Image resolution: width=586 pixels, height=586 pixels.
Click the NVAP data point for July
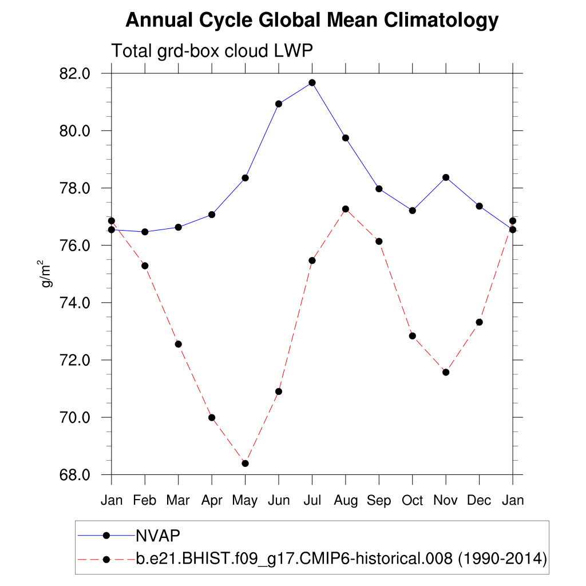point(312,82)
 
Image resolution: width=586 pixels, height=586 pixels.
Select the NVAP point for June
point(279,104)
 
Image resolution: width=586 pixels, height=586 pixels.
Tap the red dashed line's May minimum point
point(245,463)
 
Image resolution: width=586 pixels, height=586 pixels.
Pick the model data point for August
point(345,209)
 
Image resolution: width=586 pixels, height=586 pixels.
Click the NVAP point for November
point(446,177)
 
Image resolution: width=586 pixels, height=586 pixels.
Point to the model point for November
point(446,372)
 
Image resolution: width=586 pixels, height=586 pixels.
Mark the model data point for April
point(212,417)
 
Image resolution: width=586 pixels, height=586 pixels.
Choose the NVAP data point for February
point(145,232)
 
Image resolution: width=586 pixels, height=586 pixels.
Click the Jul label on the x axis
point(312,500)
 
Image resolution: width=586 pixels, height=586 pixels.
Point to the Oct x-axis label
point(412,500)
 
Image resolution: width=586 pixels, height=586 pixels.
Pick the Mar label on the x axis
point(178,500)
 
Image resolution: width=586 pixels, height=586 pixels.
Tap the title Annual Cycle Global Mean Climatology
point(312,21)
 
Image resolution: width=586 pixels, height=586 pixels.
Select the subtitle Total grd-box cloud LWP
point(212,51)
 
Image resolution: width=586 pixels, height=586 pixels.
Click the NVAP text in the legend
point(158,535)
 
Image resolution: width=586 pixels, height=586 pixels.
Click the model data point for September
point(379,241)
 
